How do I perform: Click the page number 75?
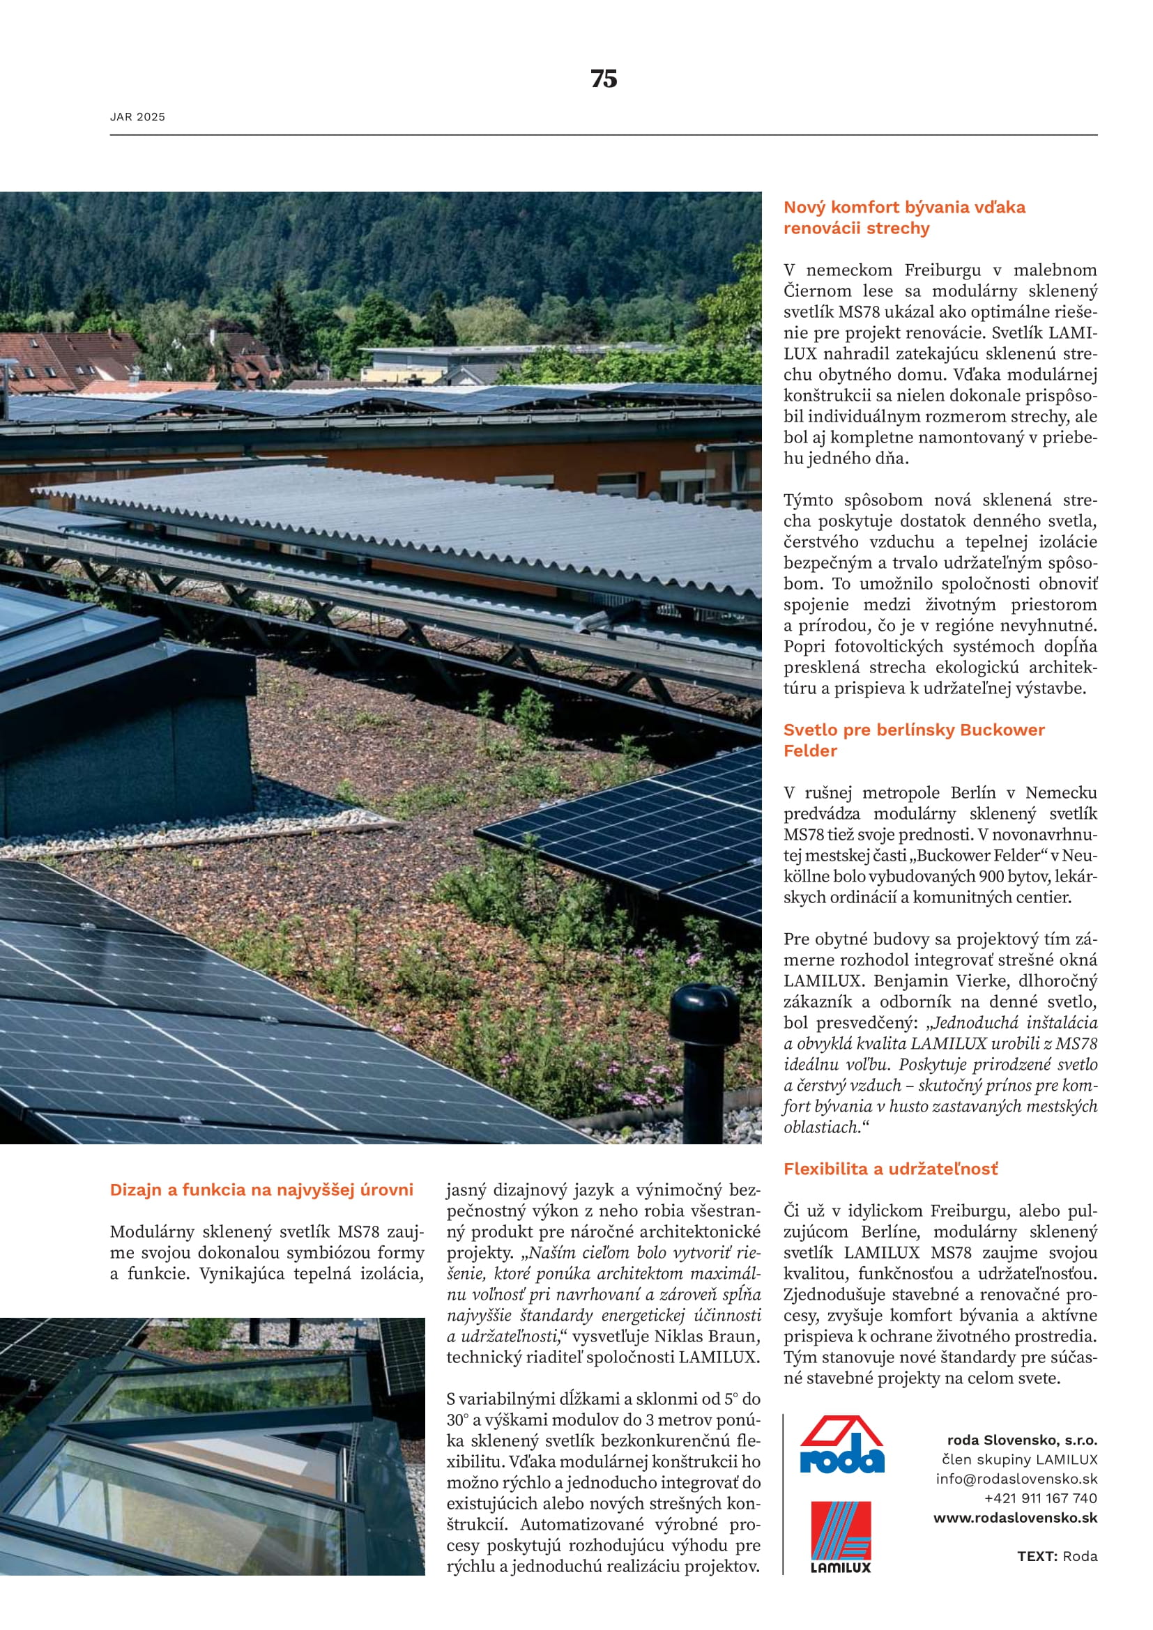tap(604, 79)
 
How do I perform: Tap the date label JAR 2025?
tap(137, 117)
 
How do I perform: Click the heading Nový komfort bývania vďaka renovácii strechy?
tap(904, 217)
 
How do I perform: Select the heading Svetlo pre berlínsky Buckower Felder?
tap(914, 740)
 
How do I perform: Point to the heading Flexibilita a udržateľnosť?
tap(890, 1169)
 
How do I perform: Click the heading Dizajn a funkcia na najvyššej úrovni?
tap(261, 1190)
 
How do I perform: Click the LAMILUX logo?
tap(841, 1537)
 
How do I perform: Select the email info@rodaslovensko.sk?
tap(1016, 1479)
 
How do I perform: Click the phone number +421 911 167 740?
tap(1040, 1498)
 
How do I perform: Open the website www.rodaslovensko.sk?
tap(1014, 1518)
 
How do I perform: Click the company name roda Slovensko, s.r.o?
tap(1022, 1440)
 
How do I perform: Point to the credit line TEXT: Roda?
tap(1056, 1556)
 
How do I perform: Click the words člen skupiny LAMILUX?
tap(1019, 1460)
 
